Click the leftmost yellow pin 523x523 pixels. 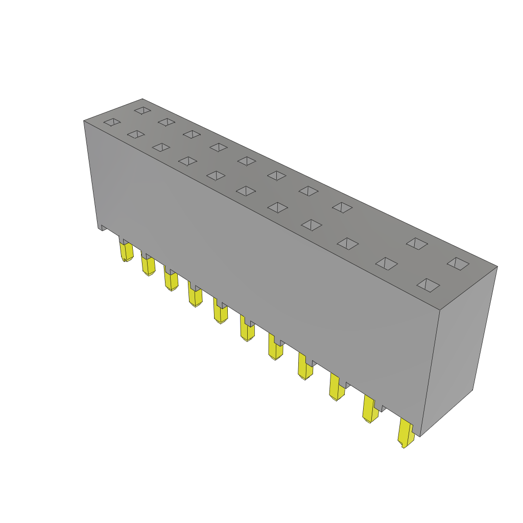(126, 251)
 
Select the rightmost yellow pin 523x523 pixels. (406, 433)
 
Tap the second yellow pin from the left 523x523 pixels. (148, 265)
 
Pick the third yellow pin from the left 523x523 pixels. (171, 280)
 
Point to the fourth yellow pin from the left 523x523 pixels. (195, 296)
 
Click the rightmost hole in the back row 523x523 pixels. (458, 264)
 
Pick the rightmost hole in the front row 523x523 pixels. (428, 285)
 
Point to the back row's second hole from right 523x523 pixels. (417, 244)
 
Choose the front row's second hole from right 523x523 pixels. (387, 264)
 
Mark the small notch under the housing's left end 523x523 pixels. (103, 228)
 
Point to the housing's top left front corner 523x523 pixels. (84, 121)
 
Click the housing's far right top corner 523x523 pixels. (496, 267)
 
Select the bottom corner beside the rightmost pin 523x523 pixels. (420, 436)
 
